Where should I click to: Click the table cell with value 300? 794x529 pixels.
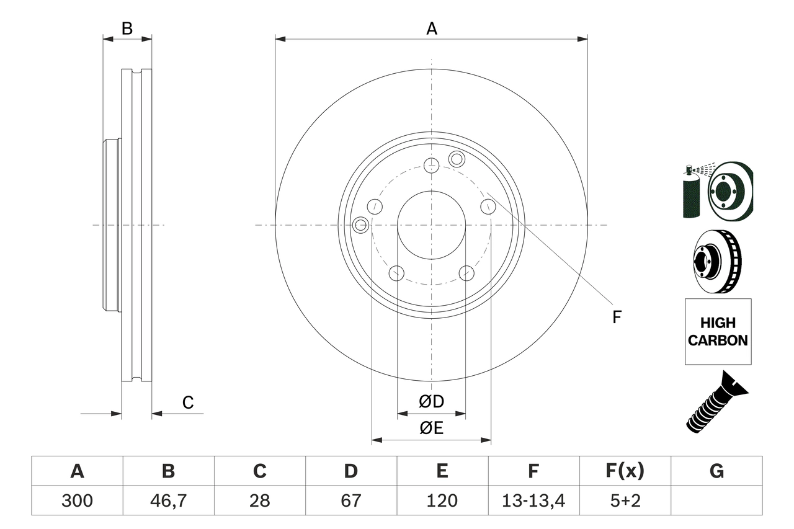click(x=77, y=500)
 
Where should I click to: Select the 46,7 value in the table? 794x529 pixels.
click(x=168, y=500)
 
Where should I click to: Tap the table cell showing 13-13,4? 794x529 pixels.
click(x=533, y=500)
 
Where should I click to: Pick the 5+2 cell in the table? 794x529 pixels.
click(x=625, y=500)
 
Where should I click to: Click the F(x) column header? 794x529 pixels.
click(x=625, y=471)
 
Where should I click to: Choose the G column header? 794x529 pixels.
click(x=716, y=471)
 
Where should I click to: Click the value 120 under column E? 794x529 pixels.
click(x=442, y=500)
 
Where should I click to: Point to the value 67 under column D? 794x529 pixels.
click(x=351, y=500)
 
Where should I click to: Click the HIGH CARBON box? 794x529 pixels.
click(x=718, y=332)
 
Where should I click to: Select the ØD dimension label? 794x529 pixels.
click(x=432, y=402)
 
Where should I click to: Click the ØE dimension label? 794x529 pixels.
click(x=432, y=429)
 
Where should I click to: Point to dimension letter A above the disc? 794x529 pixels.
click(x=432, y=28)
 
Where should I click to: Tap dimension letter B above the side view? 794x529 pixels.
click(x=127, y=29)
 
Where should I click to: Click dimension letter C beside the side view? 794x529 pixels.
click(x=188, y=403)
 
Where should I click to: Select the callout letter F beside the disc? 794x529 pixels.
click(x=617, y=317)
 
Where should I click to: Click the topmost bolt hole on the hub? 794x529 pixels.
click(x=431, y=165)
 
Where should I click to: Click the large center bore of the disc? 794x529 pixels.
click(x=431, y=224)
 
